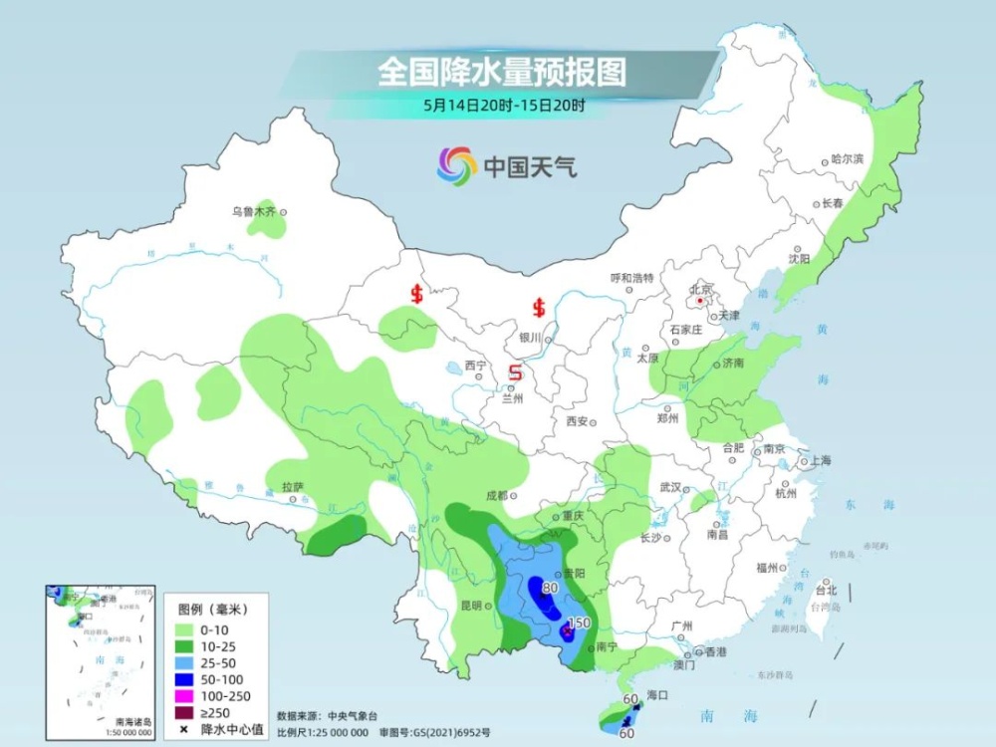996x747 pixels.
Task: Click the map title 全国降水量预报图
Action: coord(501,72)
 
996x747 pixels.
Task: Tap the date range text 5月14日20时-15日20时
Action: coord(502,105)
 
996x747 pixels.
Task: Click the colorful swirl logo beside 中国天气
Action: coord(456,166)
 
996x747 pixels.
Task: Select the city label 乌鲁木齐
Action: coord(253,211)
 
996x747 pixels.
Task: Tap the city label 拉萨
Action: coord(292,488)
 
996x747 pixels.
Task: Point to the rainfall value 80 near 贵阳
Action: coord(548,588)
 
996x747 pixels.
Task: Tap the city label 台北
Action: coord(827,590)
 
